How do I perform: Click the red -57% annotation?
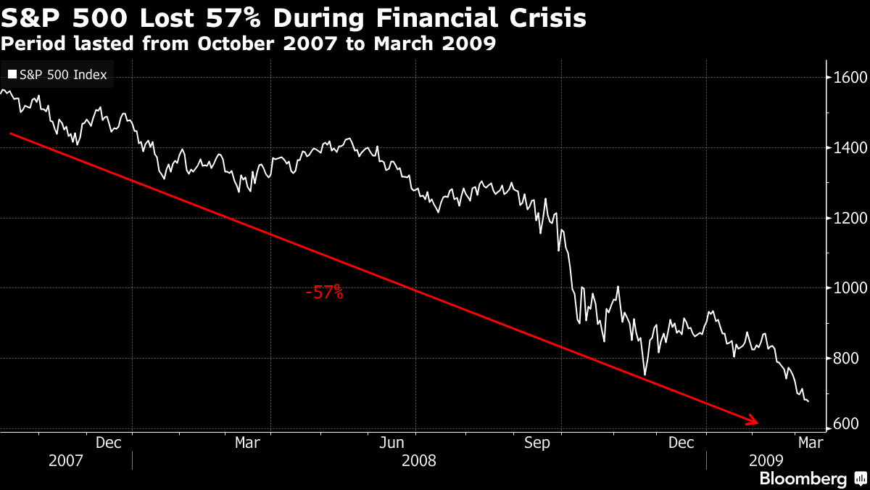tap(324, 293)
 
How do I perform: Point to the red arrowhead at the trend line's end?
tap(754, 421)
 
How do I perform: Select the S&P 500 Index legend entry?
tap(57, 74)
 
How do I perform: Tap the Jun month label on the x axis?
tap(393, 442)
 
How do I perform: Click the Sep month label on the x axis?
tap(537, 442)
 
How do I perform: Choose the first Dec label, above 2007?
tap(109, 442)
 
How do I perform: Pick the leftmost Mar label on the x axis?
tap(248, 442)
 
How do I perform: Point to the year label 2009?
tap(766, 461)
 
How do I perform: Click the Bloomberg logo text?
tap(803, 479)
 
